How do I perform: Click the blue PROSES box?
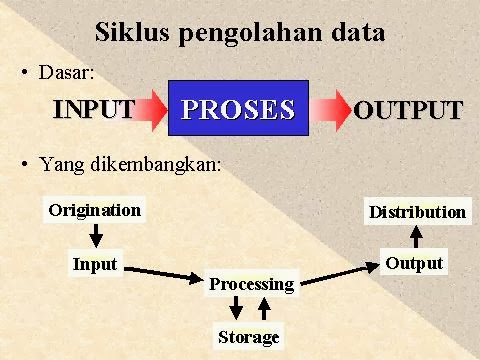[238, 109]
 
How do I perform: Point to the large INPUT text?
[93, 109]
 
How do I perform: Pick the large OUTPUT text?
[408, 110]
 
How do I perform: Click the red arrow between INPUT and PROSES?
[151, 109]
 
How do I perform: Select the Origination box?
[95, 210]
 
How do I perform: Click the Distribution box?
[417, 211]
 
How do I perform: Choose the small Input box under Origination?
[95, 264]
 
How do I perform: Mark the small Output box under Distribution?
[414, 263]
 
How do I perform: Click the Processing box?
[251, 284]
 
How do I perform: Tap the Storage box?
[249, 336]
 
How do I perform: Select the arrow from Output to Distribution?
[416, 237]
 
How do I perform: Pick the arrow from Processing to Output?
[340, 274]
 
